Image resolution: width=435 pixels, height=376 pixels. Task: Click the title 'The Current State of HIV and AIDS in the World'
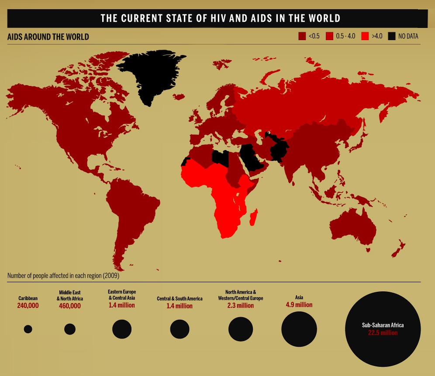tap(221, 18)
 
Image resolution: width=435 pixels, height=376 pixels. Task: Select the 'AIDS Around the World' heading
tap(48, 37)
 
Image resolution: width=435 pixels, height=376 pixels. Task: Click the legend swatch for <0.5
tap(302, 37)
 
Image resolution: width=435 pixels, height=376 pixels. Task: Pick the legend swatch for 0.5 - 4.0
tap(330, 37)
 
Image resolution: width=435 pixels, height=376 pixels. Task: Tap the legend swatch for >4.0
tap(365, 37)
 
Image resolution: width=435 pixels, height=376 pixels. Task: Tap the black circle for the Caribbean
tap(28, 329)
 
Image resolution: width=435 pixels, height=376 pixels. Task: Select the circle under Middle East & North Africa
tap(70, 329)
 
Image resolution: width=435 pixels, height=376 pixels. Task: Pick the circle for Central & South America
tap(180, 329)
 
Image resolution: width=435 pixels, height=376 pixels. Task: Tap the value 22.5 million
tap(383, 333)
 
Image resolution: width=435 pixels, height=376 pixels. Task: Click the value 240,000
tap(28, 306)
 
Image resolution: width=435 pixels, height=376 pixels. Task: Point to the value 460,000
tap(70, 306)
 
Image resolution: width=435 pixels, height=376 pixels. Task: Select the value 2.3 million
tap(240, 306)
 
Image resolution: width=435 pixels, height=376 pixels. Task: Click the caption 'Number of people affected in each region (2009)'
tap(63, 276)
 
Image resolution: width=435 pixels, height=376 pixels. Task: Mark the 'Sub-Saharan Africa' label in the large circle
tap(383, 325)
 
